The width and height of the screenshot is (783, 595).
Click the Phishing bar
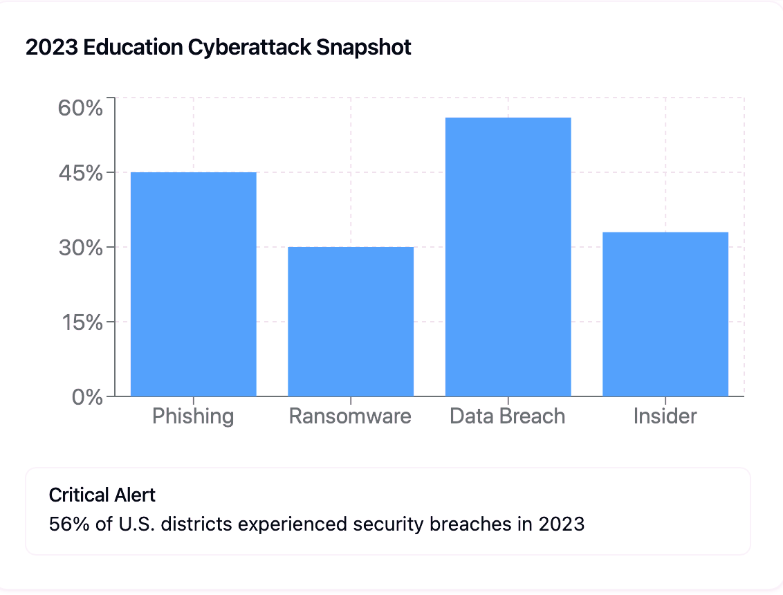pos(193,284)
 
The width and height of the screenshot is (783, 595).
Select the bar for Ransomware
pos(351,321)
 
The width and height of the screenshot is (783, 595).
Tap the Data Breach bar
pos(508,257)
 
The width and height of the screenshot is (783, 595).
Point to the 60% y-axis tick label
pos(81,109)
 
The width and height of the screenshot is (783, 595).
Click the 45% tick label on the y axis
pos(81,173)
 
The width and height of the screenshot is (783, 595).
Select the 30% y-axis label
pos(81,248)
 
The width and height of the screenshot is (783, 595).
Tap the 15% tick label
pos(81,322)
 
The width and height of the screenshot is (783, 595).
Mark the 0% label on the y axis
pos(87,397)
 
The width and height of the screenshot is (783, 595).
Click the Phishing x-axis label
pos(193,416)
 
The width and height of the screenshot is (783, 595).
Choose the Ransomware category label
pos(350,416)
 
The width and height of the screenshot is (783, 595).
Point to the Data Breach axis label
pos(508,416)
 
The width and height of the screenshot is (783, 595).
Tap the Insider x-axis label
pos(665,416)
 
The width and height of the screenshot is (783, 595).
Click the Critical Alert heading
pos(102,495)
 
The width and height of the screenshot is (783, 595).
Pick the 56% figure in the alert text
pos(65,524)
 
